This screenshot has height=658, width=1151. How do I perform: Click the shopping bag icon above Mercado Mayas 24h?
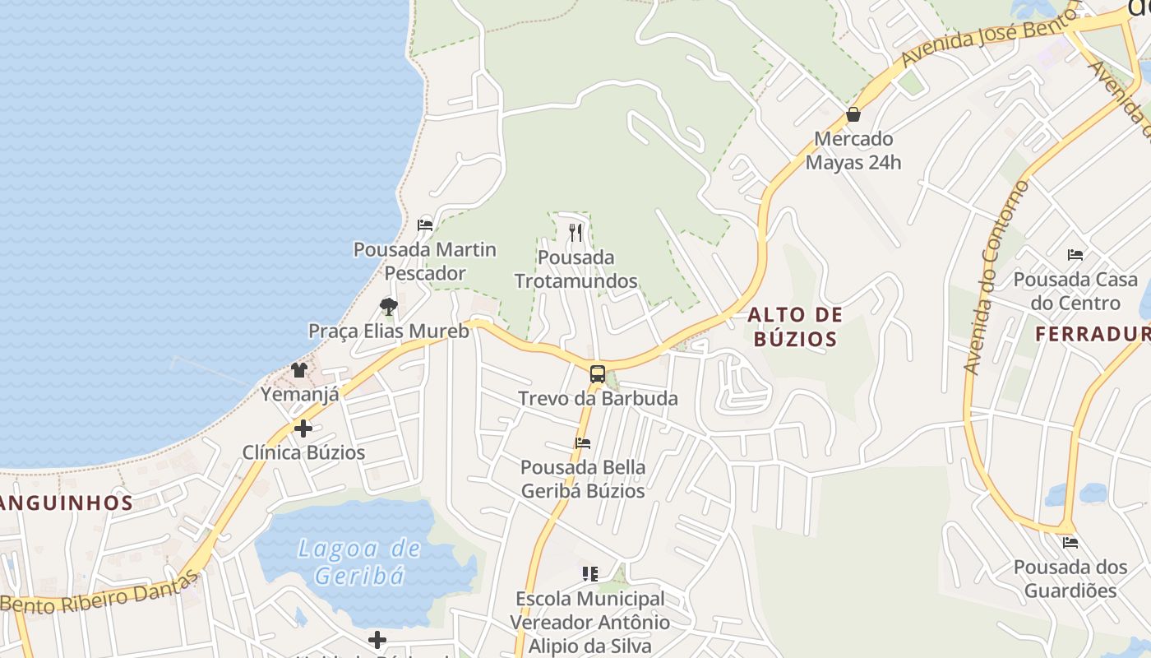click(853, 115)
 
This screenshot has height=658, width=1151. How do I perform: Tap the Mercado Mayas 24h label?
click(853, 151)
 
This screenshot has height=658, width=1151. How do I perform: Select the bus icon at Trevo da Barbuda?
click(598, 374)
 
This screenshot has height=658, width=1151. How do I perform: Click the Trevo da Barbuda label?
click(598, 399)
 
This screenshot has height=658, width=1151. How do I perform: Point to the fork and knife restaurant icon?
click(575, 233)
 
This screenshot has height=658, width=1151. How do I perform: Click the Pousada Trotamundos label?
click(575, 269)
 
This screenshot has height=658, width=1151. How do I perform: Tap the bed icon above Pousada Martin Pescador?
click(425, 225)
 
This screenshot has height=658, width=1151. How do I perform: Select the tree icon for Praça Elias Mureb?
click(389, 307)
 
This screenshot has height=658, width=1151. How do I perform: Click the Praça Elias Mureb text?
click(388, 331)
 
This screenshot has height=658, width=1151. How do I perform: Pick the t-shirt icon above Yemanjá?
click(299, 370)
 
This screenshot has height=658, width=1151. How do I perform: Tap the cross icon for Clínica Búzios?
click(303, 429)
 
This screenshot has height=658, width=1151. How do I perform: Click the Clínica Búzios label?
click(303, 452)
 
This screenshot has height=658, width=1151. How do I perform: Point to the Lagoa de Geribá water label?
click(359, 562)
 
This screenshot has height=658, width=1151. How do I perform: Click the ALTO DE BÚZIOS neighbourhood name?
click(794, 327)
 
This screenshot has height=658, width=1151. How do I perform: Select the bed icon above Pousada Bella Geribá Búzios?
click(583, 443)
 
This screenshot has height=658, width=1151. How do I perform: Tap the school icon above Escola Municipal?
click(589, 573)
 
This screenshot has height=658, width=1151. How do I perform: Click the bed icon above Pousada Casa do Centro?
click(1075, 255)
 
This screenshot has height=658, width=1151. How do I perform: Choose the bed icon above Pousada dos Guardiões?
click(1070, 543)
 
